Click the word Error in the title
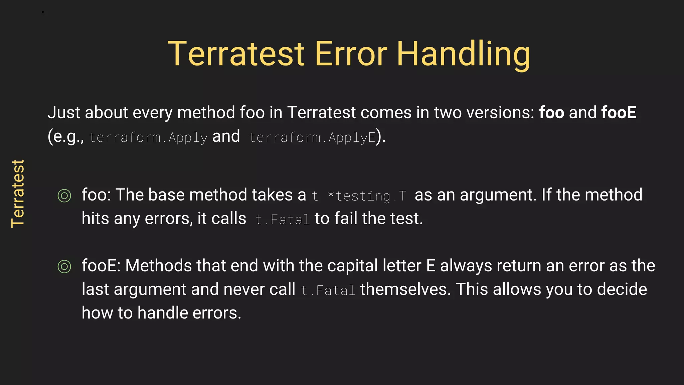351,54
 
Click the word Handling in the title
463,54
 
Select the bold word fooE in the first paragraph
619,112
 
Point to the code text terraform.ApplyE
312,137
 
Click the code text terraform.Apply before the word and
148,137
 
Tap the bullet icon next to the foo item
64,196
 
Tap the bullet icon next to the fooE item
64,266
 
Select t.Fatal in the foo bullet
283,220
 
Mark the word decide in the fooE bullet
622,289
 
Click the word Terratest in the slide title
236,54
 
